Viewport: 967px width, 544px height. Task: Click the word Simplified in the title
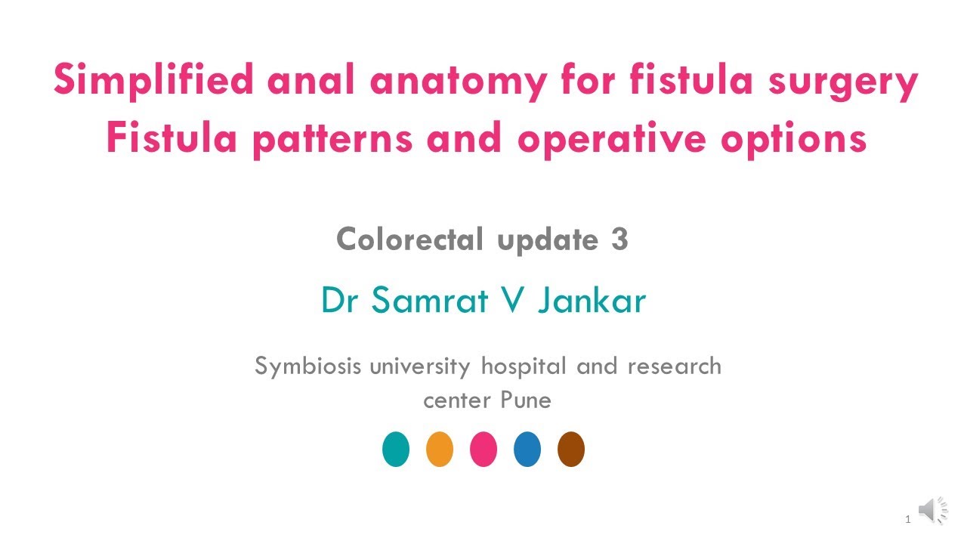point(153,81)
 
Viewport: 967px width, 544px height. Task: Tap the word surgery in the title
point(843,82)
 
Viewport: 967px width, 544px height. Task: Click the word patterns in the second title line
point(333,140)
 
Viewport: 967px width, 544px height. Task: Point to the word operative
point(612,140)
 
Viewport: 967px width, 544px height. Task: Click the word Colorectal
point(409,239)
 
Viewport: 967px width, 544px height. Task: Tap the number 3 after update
point(619,239)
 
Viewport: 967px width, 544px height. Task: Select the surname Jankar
point(592,300)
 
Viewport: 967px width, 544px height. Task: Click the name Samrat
point(430,300)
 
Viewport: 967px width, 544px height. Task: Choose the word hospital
point(524,367)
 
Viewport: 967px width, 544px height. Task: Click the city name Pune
point(526,400)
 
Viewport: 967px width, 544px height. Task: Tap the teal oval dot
point(396,449)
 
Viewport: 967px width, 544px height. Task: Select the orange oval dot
point(440,449)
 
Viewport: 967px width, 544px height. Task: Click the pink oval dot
point(483,449)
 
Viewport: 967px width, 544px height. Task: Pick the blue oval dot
point(527,449)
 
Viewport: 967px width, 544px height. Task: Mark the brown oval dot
point(571,449)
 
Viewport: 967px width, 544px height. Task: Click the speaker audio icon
point(932,510)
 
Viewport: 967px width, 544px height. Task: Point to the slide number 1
point(908,519)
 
